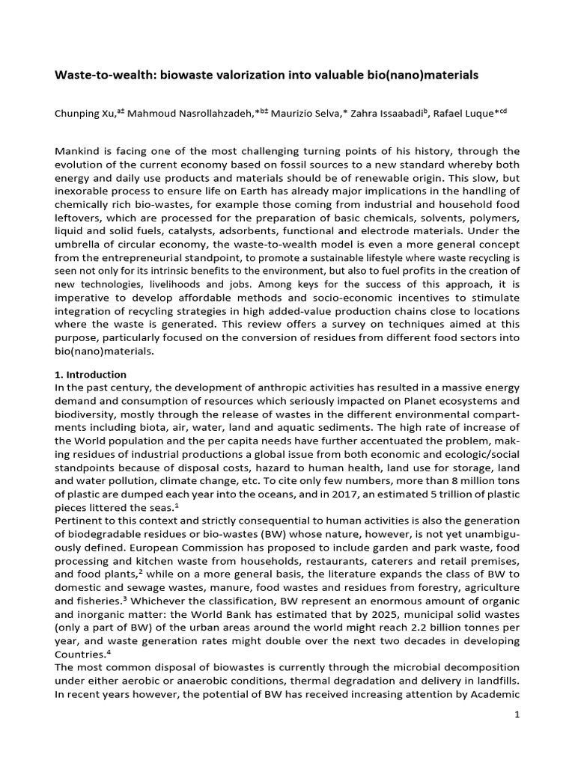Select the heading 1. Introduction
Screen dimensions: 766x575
click(91, 374)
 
